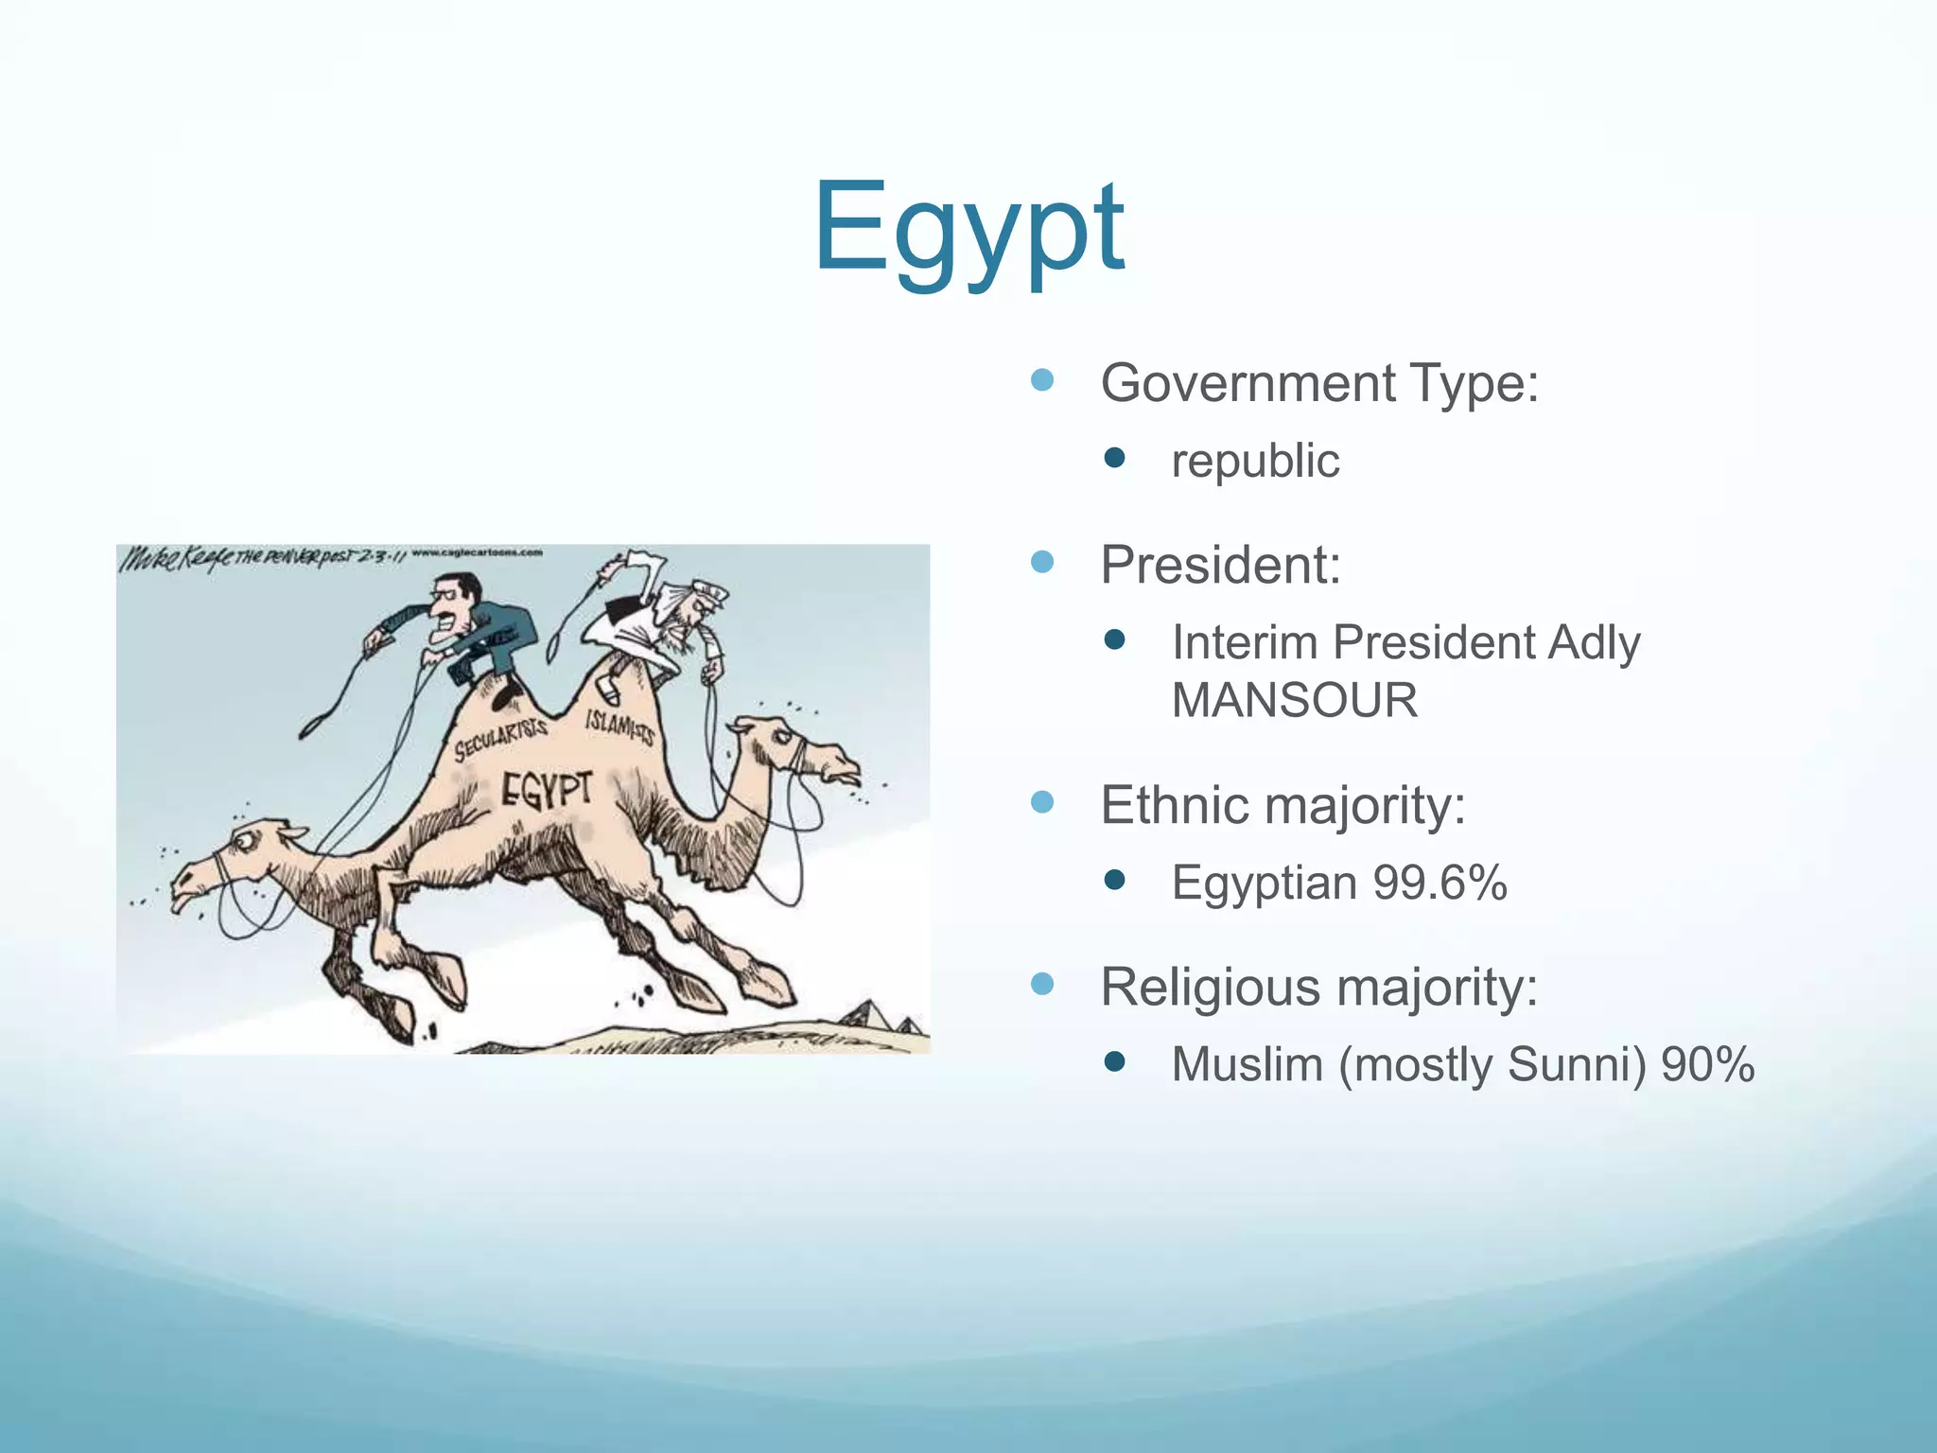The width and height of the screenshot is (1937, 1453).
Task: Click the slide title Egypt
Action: (968, 230)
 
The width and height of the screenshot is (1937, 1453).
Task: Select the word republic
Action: (1255, 462)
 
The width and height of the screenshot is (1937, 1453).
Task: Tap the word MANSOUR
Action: (1294, 701)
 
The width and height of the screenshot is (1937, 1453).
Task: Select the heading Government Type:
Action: (1319, 383)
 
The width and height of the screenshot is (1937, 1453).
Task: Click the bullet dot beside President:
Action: (1041, 563)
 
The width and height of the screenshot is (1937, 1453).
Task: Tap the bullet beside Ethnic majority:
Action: (1041, 803)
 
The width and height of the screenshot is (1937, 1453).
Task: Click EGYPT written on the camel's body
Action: (547, 790)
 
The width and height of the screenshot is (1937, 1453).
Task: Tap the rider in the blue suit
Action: (463, 629)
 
